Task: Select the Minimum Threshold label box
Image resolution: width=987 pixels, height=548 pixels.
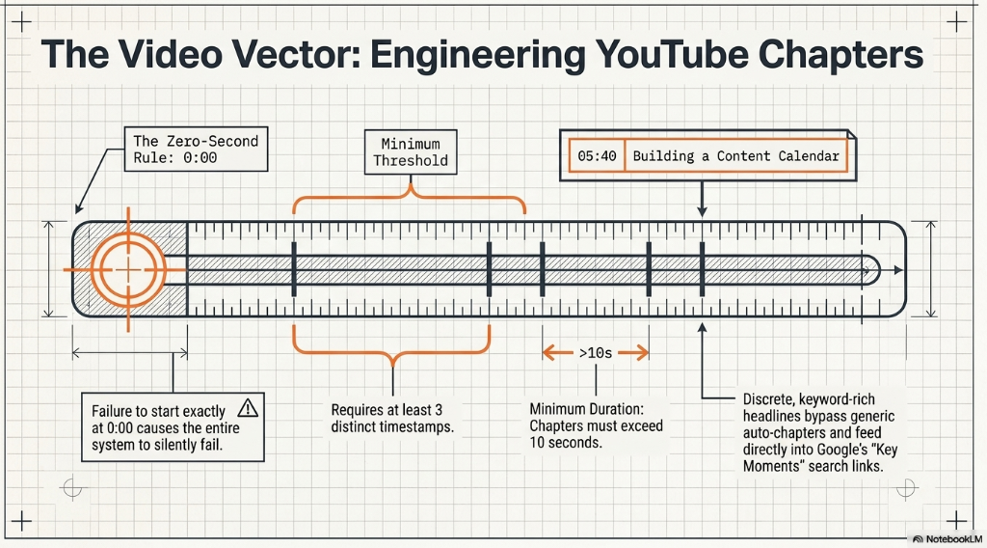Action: (411, 151)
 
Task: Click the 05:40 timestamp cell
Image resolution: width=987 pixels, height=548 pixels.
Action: (597, 156)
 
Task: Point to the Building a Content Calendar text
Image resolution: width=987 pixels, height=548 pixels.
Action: (735, 156)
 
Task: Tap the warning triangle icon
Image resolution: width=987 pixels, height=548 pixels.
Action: (248, 408)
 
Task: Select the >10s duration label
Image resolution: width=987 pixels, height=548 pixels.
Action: (596, 353)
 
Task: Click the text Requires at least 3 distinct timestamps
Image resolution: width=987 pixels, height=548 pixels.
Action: (392, 419)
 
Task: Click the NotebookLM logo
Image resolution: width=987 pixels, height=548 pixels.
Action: (947, 539)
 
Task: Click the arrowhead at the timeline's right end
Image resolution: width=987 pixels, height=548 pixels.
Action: (898, 270)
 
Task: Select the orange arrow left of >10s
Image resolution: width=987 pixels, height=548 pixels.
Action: (558, 353)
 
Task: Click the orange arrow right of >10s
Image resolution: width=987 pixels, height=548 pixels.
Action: (633, 353)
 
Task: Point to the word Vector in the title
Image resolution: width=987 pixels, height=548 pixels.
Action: (292, 55)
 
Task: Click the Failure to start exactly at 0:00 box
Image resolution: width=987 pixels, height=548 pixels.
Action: (173, 427)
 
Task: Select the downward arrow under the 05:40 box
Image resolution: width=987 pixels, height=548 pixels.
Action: (702, 199)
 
